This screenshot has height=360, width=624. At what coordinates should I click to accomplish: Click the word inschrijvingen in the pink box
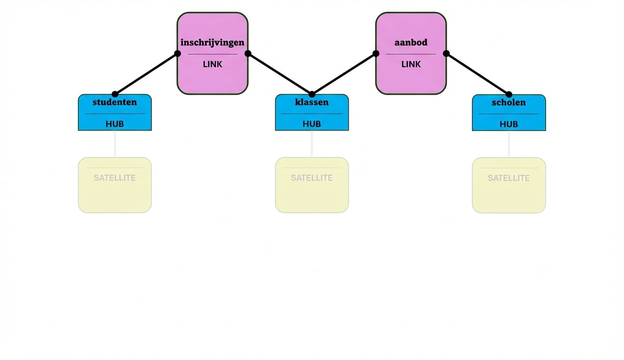click(x=212, y=42)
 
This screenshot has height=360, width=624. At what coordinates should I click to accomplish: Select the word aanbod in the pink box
click(x=411, y=42)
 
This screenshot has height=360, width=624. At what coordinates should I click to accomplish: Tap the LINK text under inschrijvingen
click(x=212, y=64)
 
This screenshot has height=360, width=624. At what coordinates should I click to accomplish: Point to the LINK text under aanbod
click(x=411, y=64)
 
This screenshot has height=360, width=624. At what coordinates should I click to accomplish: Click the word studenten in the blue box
click(x=115, y=102)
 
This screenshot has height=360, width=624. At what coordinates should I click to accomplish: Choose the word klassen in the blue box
click(x=312, y=102)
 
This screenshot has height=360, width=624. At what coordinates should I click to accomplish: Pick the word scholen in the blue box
click(x=508, y=102)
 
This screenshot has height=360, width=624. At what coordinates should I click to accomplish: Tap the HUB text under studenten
click(x=115, y=124)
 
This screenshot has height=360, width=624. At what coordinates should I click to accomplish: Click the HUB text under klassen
click(x=312, y=124)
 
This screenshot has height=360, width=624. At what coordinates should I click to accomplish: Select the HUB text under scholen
click(x=508, y=124)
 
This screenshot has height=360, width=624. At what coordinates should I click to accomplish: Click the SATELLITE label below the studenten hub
click(x=115, y=178)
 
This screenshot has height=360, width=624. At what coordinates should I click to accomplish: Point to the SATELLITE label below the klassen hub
click(x=312, y=178)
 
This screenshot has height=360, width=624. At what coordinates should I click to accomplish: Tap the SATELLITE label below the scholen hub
click(x=508, y=178)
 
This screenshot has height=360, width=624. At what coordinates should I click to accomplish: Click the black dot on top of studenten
click(x=115, y=94)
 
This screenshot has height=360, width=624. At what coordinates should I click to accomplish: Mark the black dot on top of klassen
click(x=312, y=94)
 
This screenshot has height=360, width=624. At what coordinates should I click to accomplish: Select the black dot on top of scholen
click(x=508, y=94)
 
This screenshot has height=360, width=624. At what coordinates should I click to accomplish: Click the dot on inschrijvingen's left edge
click(x=178, y=53)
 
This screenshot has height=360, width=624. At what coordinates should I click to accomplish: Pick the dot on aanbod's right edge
click(x=446, y=53)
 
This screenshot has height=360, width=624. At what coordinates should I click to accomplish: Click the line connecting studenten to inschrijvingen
click(x=146, y=74)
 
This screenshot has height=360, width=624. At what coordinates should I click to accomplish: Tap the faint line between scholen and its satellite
click(x=508, y=144)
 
